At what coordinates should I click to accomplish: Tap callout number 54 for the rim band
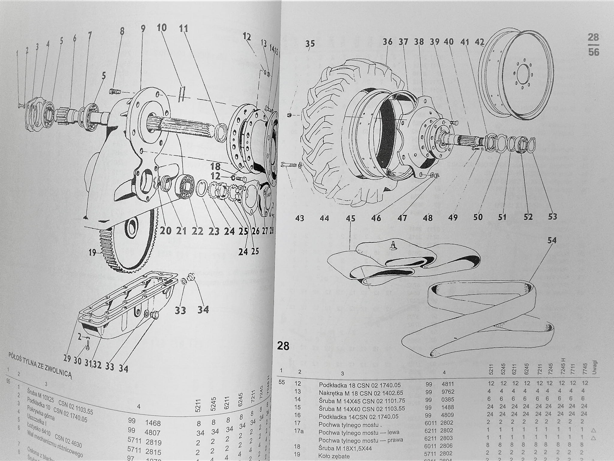click(x=552, y=241)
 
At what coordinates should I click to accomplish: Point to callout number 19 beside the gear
click(x=92, y=253)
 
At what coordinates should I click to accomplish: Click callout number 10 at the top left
click(x=162, y=28)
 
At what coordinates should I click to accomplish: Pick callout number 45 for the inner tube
click(x=350, y=218)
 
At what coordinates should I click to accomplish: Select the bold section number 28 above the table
click(x=283, y=346)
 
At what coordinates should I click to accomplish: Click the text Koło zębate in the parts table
click(x=334, y=456)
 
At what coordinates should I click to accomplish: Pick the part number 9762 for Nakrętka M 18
click(x=448, y=392)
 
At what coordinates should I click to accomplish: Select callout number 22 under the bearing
click(x=197, y=231)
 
